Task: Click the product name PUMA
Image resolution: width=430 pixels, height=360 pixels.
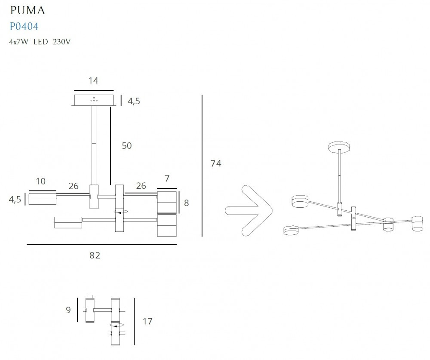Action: pos(28,10)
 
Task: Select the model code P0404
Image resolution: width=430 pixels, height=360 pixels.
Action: pos(24,27)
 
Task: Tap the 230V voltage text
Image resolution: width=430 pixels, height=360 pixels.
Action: pos(61,42)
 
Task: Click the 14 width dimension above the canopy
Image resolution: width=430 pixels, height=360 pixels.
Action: pos(93,81)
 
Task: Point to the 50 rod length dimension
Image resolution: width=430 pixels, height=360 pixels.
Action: pos(127,146)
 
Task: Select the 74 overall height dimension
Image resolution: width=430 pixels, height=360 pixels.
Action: pos(216,163)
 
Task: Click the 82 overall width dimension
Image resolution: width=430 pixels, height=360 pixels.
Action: pos(95,255)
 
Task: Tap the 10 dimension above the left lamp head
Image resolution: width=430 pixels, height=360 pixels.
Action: pos(40,182)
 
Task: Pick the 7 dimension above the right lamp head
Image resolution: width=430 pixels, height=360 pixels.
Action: pos(167,178)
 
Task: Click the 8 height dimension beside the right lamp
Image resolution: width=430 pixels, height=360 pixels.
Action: pos(187,203)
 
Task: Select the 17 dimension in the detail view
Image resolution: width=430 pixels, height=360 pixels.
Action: pos(147,321)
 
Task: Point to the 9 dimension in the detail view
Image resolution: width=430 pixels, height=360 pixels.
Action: pos(68,310)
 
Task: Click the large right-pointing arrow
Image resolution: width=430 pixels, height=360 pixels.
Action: pos(249,211)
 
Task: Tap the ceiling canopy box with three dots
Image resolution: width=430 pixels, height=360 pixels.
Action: pos(94,100)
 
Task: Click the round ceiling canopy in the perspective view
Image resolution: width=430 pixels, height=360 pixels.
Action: pos(339,147)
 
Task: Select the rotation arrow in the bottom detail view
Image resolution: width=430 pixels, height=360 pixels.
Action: pos(117,326)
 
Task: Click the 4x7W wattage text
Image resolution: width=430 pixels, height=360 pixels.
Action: pos(18,42)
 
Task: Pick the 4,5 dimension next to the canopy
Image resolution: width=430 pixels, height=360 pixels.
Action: pos(134,101)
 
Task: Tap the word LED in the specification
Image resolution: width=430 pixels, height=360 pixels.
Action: pos(40,42)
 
